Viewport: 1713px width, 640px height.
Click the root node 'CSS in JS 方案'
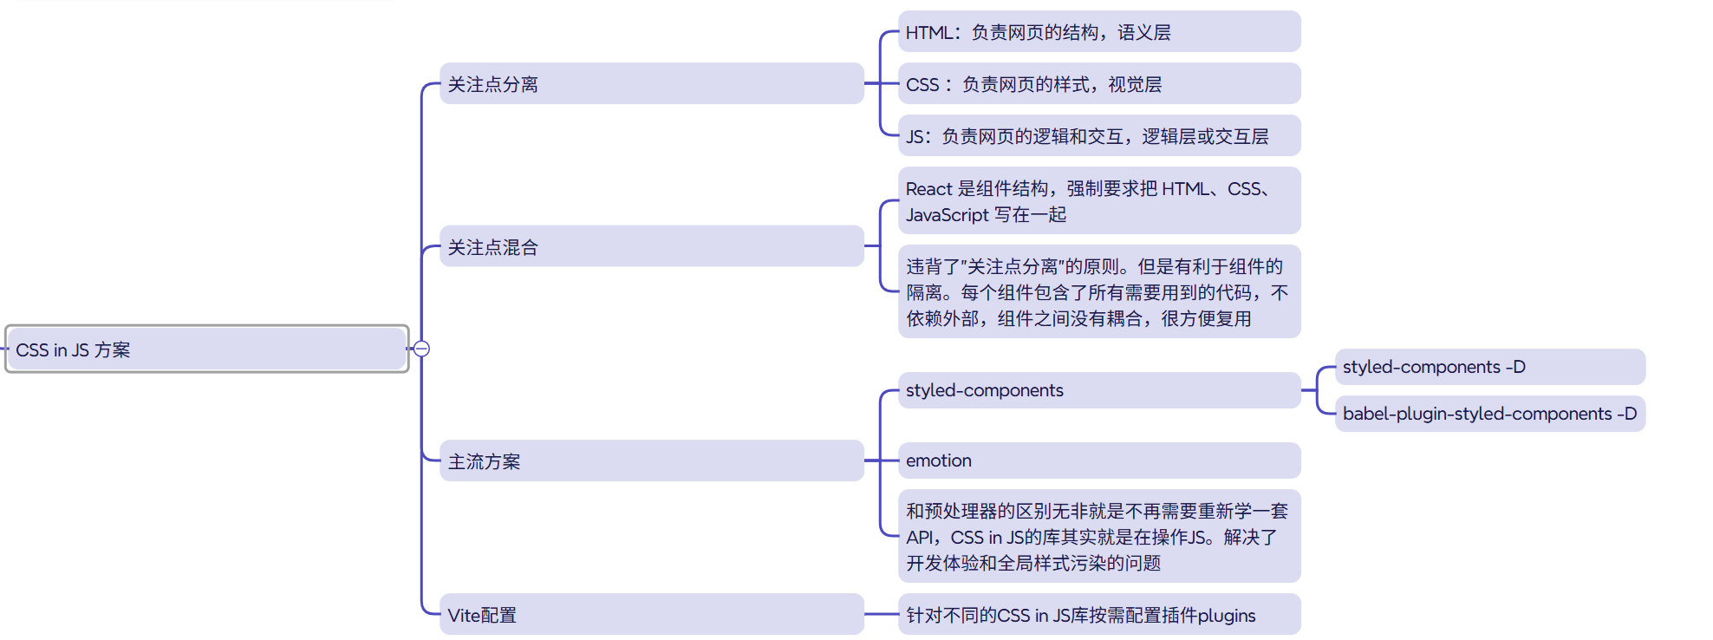[206, 349]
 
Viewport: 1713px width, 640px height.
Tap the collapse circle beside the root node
[421, 349]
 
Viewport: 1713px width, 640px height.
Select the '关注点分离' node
[651, 84]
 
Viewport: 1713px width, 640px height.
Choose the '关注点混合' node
[651, 247]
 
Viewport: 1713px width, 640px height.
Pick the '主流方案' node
[651, 461]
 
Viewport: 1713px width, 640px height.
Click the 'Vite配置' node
[651, 615]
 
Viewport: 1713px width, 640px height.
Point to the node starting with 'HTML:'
[1098, 32]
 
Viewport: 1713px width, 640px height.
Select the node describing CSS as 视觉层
[1098, 84]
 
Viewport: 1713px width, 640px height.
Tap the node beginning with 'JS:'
[1098, 136]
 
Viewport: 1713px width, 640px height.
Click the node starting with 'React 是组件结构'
[1098, 201]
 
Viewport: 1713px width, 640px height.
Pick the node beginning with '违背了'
[1098, 292]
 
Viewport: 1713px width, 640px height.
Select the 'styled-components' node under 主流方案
[1098, 390]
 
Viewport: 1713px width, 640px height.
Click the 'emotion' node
[1098, 460]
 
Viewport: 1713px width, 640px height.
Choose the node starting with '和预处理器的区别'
[1098, 537]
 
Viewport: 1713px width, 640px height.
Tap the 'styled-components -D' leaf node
[1488, 367]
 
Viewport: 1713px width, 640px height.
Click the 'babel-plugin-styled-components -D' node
[1488, 414]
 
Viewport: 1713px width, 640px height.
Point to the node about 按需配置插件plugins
[1098, 615]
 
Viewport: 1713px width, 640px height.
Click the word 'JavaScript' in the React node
[947, 215]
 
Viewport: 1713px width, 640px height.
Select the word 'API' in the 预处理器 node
[921, 538]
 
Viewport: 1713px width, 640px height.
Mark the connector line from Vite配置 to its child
[882, 614]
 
